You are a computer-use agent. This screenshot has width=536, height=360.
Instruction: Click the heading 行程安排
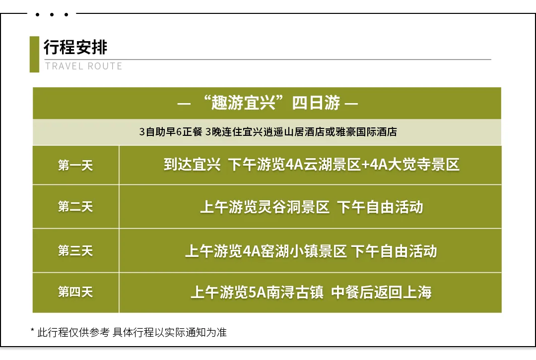pos(75,47)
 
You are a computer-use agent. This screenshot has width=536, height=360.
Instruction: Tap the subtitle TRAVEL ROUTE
pos(84,66)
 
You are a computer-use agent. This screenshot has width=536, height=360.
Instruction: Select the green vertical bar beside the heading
pos(35,55)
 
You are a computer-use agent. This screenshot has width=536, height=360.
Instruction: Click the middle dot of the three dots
pos(52,14)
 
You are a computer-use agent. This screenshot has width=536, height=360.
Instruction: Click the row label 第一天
pos(75,165)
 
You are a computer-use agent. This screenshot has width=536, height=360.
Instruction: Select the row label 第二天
pos(75,207)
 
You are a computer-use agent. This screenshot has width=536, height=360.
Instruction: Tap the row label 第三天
pos(75,251)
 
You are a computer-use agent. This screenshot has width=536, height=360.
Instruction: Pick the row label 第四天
pos(75,292)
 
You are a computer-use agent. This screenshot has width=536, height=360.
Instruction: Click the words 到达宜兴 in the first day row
pos(192,165)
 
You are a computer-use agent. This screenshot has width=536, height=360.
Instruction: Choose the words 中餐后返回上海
pos(381,293)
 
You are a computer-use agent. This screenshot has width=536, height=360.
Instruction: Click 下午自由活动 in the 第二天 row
pos(380,207)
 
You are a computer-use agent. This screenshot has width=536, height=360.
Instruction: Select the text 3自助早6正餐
pos(171,132)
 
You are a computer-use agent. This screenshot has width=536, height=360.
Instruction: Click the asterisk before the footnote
pos(32,330)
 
